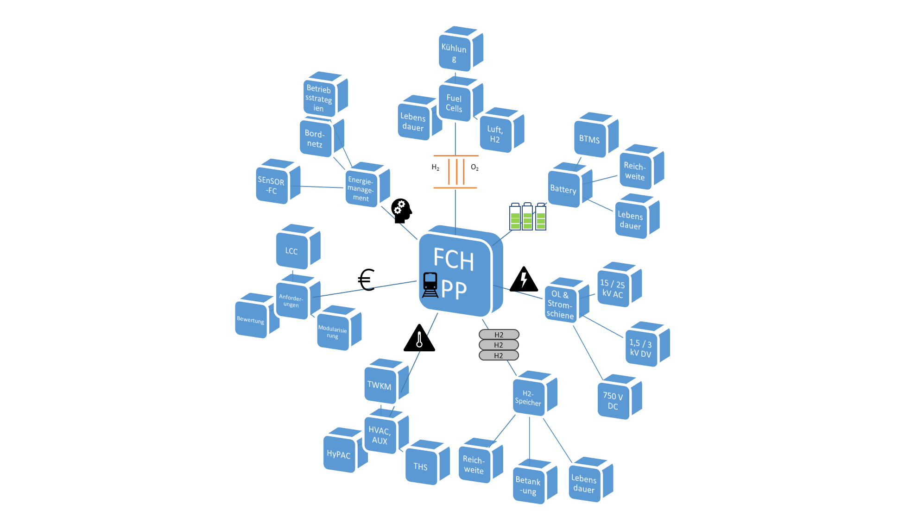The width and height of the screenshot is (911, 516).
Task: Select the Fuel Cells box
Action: pos(455,103)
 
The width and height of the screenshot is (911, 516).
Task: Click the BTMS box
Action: pos(589,139)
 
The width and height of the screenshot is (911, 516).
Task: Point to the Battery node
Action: pos(563,189)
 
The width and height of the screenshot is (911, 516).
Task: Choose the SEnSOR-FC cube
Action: pos(272,186)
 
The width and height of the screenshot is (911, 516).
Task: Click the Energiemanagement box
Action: pos(361,189)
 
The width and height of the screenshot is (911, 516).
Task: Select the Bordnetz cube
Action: pos(315,138)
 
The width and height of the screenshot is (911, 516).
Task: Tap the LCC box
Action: pos(291,251)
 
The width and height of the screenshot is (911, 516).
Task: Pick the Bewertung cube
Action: pos(251,320)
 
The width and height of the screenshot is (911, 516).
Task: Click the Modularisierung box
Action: pos(333,332)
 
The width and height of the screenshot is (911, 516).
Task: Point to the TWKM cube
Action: pos(380,385)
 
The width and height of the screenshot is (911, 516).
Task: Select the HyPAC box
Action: pos(339,454)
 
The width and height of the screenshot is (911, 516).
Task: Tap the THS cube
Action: pos(421,466)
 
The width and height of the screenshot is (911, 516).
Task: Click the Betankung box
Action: pos(528,485)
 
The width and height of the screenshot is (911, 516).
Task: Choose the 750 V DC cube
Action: pos(613,401)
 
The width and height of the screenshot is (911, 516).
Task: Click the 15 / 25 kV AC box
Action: pos(613,289)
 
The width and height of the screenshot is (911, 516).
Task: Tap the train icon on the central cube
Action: pos(430,285)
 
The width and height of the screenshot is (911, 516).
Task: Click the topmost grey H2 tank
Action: pos(499,335)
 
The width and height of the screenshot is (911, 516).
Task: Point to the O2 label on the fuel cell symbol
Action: pos(474,168)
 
